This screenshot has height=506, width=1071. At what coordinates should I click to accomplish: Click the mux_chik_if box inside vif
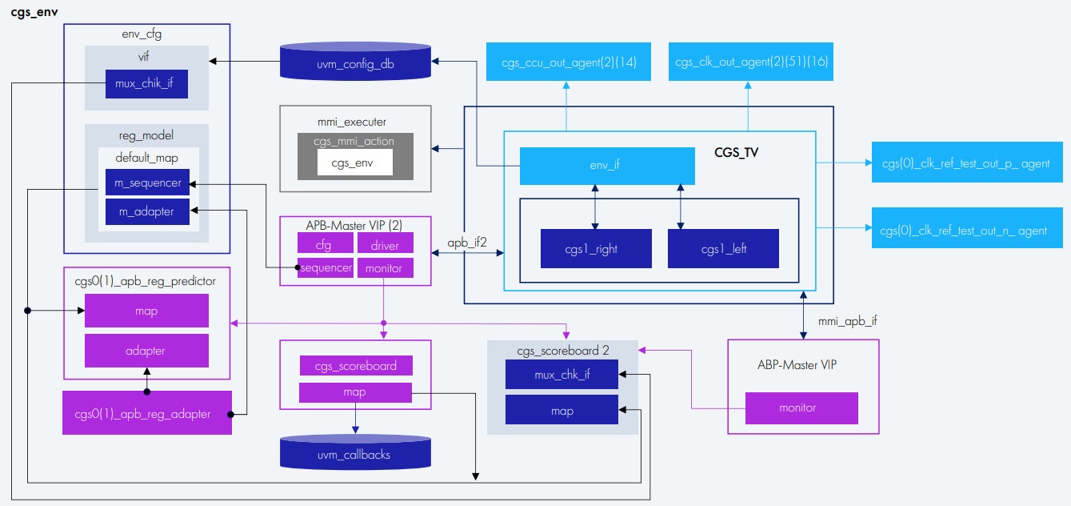(146, 84)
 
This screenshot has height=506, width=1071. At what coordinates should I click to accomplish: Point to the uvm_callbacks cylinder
(355, 453)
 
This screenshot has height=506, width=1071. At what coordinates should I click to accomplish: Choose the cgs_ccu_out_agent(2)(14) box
(568, 62)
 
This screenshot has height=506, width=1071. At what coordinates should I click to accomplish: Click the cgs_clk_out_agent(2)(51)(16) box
(751, 62)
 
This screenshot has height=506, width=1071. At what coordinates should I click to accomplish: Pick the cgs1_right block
(596, 248)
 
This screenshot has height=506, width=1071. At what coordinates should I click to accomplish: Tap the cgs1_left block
(723, 248)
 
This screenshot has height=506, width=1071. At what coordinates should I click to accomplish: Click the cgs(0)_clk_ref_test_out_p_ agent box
(965, 163)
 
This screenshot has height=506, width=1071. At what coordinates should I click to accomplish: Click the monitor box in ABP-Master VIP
(801, 408)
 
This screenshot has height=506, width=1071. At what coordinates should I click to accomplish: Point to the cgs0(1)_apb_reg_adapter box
(147, 413)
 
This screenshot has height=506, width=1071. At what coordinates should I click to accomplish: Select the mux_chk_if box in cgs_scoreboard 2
(561, 374)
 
